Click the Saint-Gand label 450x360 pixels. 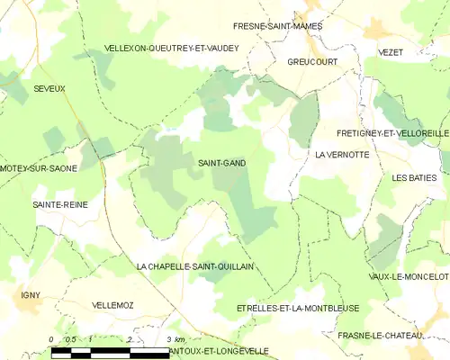pyautogui.click(x=221, y=163)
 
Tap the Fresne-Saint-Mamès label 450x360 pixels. pyautogui.click(x=277, y=28)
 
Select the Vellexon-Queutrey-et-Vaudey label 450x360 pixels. pyautogui.click(x=172, y=48)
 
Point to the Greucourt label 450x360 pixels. pyautogui.click(x=287, y=63)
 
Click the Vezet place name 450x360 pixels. pyautogui.click(x=391, y=53)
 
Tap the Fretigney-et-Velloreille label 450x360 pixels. pyautogui.click(x=392, y=133)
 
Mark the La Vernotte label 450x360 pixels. pyautogui.click(x=342, y=155)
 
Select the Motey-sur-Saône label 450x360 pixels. pyautogui.click(x=40, y=168)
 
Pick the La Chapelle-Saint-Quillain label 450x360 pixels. pyautogui.click(x=195, y=266)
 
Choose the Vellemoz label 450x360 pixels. pyautogui.click(x=112, y=306)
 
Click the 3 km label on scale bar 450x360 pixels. pyautogui.click(x=176, y=339)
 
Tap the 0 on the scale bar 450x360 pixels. pyautogui.click(x=51, y=339)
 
